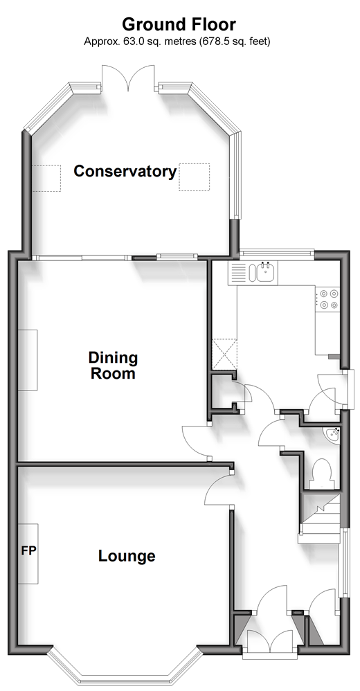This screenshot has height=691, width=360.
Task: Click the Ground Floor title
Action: [x=179, y=24]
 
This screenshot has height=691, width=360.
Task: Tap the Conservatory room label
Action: [x=125, y=171]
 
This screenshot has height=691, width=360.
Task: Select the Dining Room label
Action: [x=114, y=366]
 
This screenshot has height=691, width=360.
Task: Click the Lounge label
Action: [x=127, y=556]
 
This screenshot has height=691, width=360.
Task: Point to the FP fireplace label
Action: [x=28, y=550]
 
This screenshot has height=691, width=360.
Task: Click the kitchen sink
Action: [x=263, y=272]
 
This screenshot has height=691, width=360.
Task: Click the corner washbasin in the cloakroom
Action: [x=333, y=434]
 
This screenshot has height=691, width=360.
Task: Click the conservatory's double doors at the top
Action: [x=128, y=78]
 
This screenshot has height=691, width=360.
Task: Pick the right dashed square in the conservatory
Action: [x=195, y=177]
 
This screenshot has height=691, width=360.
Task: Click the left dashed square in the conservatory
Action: [x=46, y=178]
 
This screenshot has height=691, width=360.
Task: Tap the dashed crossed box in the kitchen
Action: [x=224, y=353]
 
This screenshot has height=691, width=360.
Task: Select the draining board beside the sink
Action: [x=238, y=272]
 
